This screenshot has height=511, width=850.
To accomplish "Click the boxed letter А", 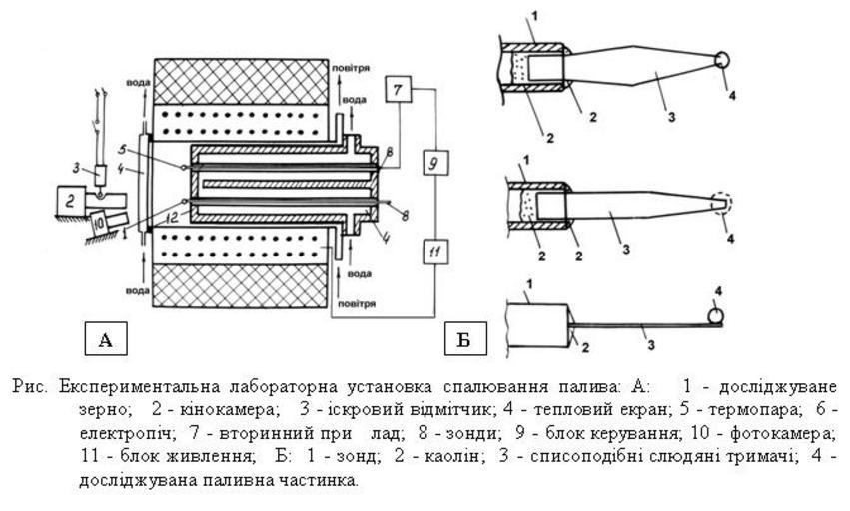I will click(106, 339).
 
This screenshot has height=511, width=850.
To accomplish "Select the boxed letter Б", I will click(463, 339).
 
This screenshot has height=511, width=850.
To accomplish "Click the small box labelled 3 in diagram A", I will click(103, 173).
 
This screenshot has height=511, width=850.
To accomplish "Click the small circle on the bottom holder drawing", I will click(716, 317).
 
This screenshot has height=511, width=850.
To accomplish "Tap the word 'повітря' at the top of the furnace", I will click(351, 69).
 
